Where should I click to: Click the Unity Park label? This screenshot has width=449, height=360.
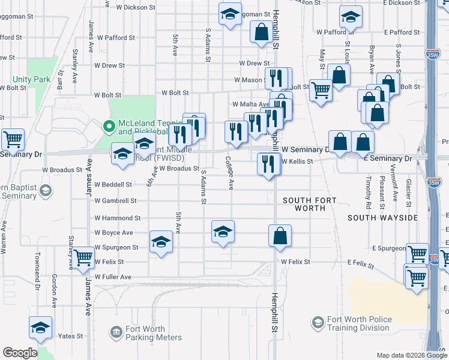pyautogui.click(x=31, y=79)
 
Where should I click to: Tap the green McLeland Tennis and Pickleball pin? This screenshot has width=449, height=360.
pyautogui.click(x=109, y=127)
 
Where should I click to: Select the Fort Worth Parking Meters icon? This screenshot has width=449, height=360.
pyautogui.click(x=116, y=331)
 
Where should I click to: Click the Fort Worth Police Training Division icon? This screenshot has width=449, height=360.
pyautogui.click(x=317, y=323)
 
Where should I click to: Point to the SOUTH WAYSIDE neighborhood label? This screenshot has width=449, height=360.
pyautogui.click(x=382, y=218)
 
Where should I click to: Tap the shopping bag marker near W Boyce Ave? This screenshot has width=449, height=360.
pyautogui.click(x=280, y=235)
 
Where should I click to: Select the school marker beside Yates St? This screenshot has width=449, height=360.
pyautogui.click(x=41, y=328)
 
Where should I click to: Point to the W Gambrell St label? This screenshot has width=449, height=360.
pyautogui.click(x=115, y=200)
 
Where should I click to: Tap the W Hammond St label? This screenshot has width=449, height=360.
pyautogui.click(x=117, y=218)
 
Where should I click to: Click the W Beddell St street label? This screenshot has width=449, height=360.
pyautogui.click(x=113, y=184)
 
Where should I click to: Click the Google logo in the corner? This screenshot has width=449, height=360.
pyautogui.click(x=20, y=353)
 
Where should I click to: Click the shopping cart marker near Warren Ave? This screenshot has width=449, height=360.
pyautogui.click(x=13, y=140)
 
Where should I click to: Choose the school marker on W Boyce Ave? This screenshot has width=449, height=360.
pyautogui.click(x=222, y=232)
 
